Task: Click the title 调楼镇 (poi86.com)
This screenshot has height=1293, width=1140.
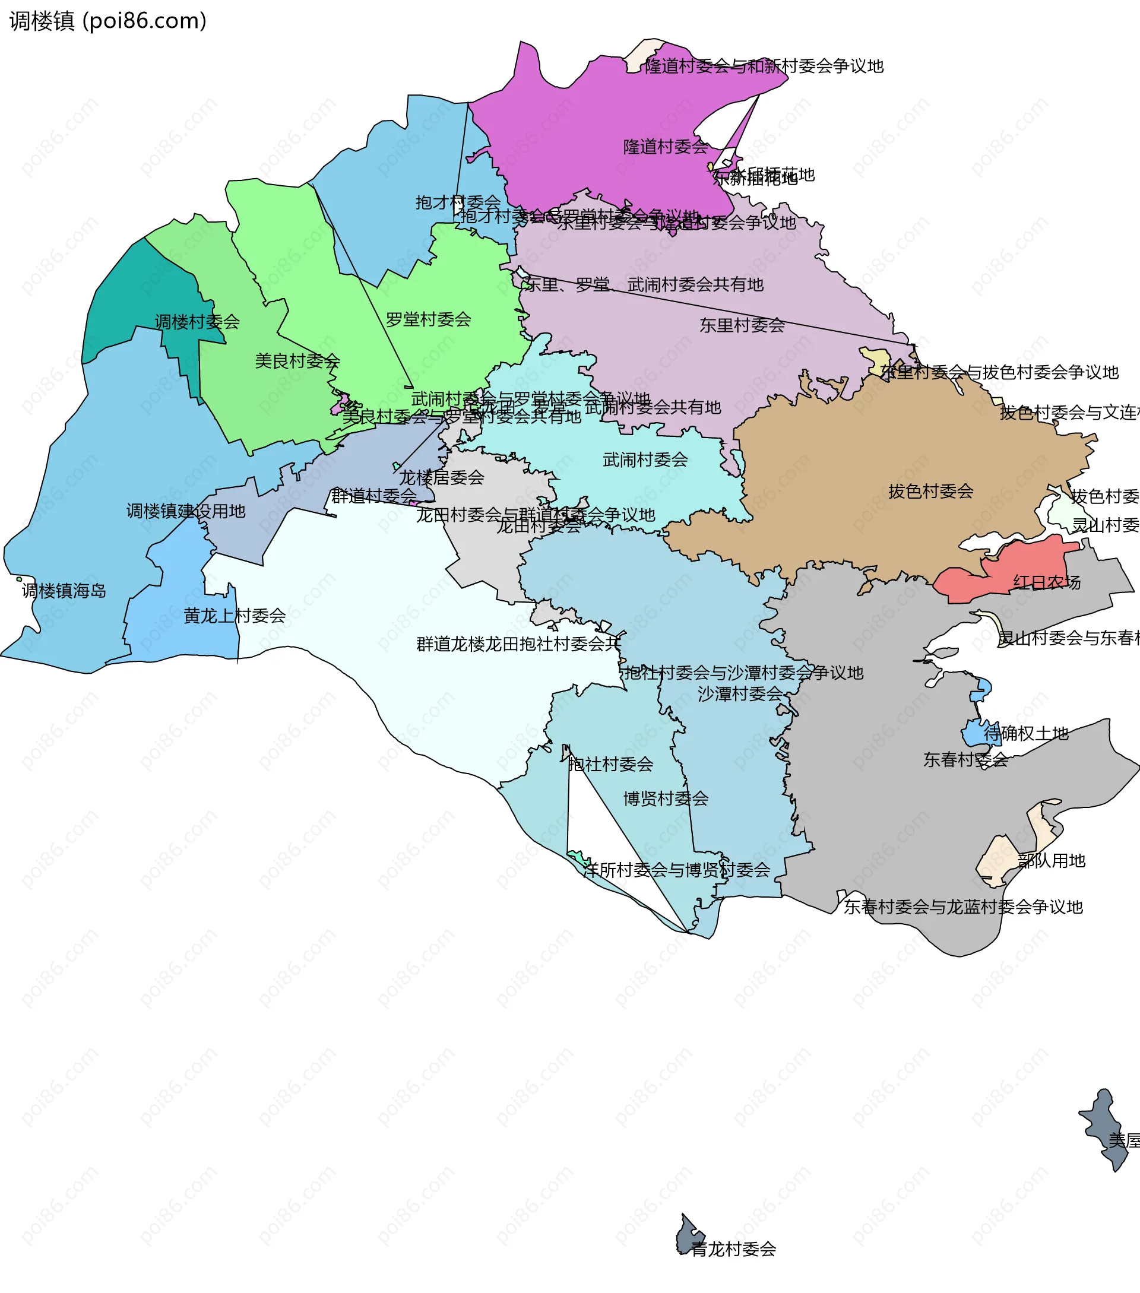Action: pos(107,21)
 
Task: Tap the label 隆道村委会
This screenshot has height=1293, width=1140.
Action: pos(666,147)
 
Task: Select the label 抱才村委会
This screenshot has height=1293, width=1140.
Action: pos(458,202)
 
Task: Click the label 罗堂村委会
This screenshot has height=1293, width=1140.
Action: pos(428,319)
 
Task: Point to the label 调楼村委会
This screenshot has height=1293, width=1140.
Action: pos(197,322)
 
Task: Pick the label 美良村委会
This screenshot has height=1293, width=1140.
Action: pos(297,361)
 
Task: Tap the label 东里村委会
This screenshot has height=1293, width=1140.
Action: pos(742,325)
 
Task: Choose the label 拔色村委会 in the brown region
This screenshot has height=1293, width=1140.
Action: pos(930,492)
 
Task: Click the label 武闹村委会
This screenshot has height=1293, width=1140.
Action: pos(645,460)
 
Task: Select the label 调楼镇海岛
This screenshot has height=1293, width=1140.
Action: pos(64,591)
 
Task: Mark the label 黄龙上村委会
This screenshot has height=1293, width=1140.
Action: pos(234,616)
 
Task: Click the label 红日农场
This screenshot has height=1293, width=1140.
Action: pos(1047,582)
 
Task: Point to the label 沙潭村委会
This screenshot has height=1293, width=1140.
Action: pos(740,694)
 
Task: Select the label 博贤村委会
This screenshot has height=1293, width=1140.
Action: pos(666,798)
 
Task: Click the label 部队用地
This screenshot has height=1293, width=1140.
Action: pos(1052,860)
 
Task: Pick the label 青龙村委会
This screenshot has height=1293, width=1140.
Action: pos(733,1249)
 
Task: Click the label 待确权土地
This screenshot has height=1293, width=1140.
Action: pos(1026,734)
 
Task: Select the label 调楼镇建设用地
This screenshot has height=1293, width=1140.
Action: pos(186,511)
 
